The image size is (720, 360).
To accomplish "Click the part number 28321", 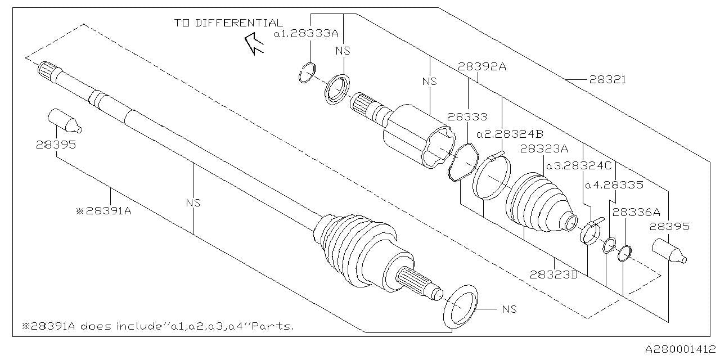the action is point(607,80).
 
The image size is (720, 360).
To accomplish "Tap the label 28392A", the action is point(482,66).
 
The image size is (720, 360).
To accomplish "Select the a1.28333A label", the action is point(307,34).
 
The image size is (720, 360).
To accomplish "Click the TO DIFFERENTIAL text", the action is point(228,23).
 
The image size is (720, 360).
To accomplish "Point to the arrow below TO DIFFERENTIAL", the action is point(255,44).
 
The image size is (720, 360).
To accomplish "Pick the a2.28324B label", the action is point(510,134).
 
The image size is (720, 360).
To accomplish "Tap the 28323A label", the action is point(544,149).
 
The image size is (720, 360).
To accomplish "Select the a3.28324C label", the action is point(580,165).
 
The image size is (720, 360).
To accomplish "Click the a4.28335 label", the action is point(614,184).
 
